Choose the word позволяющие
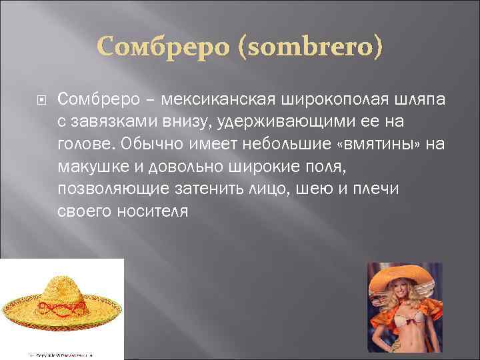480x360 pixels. coord(111,189)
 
